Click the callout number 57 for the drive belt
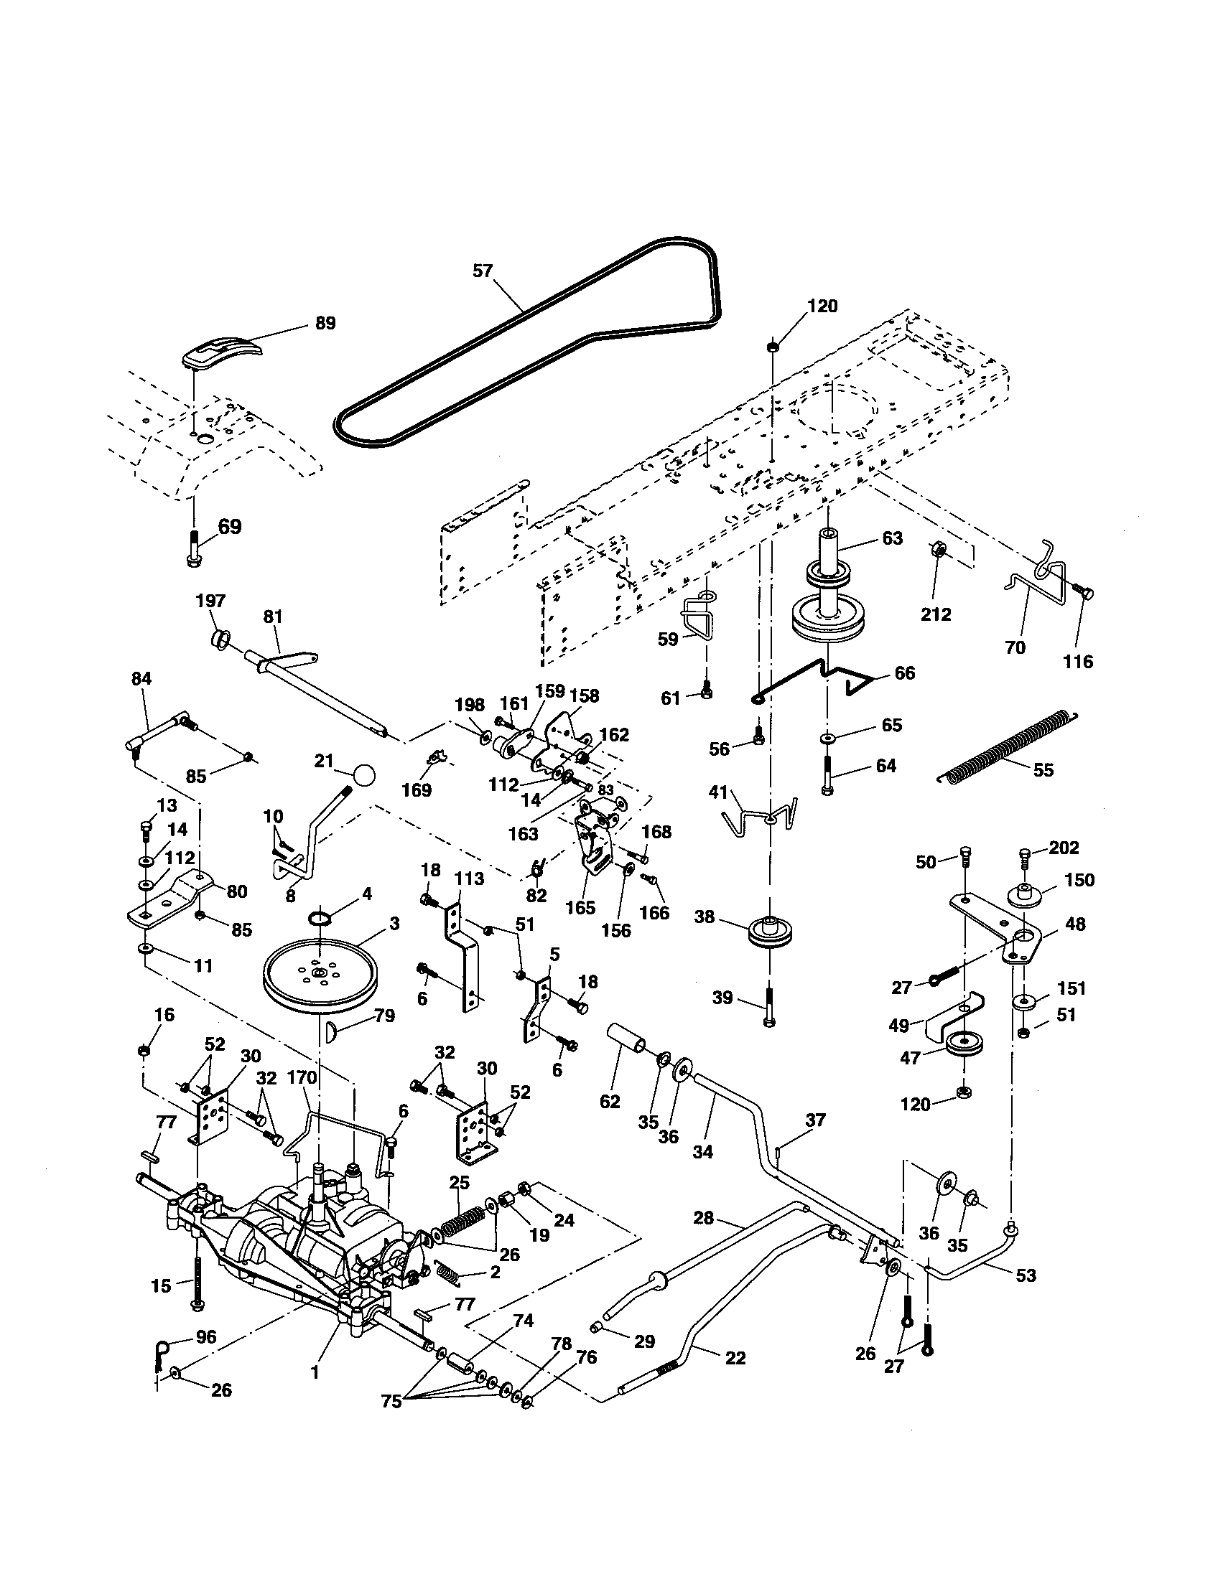[483, 271]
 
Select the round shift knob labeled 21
[366, 776]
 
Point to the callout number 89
[326, 322]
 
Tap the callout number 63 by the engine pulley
[893, 538]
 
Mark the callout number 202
[1064, 847]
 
